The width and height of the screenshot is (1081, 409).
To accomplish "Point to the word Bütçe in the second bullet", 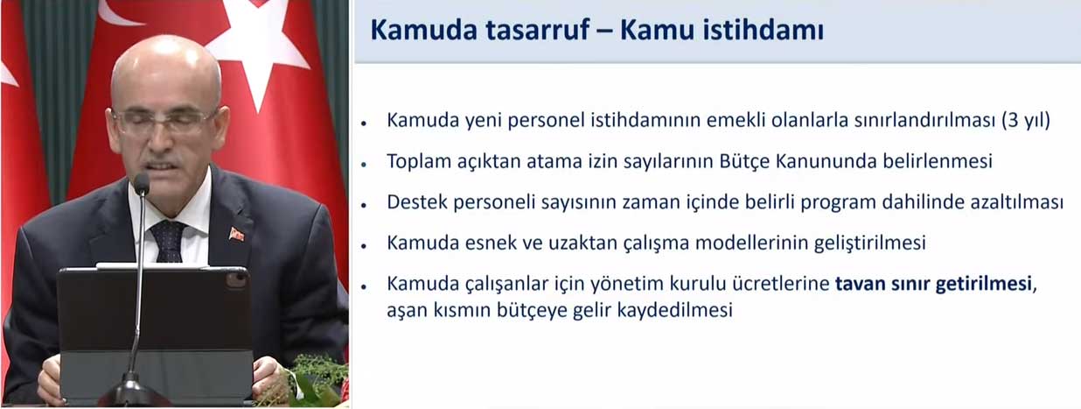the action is point(744,161).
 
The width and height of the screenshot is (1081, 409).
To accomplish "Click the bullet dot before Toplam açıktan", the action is point(364,165).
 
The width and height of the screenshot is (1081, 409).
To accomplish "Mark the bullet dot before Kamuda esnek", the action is point(364,245).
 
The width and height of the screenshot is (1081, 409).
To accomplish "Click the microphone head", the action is point(142,184).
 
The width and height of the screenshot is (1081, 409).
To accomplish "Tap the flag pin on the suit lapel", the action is point(236,235).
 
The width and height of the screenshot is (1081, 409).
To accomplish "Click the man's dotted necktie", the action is point(168,241).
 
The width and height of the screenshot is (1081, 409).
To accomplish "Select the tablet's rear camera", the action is point(236,281).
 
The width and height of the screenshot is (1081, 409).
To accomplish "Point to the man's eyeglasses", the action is point(164,120).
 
